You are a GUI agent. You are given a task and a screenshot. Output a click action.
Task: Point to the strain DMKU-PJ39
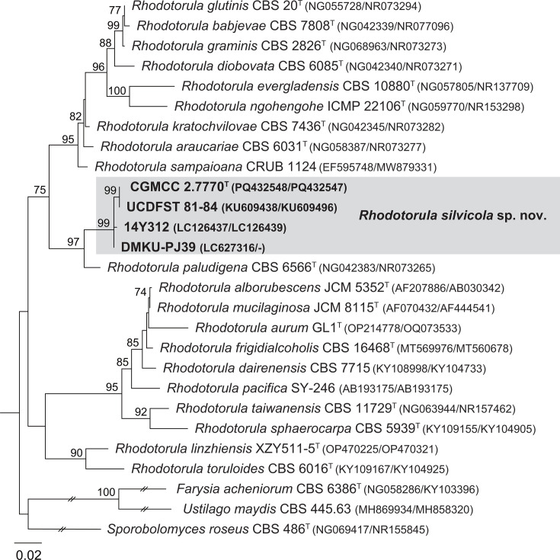tap(158, 246)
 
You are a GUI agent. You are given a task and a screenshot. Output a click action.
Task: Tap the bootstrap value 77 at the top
tap(114, 10)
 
